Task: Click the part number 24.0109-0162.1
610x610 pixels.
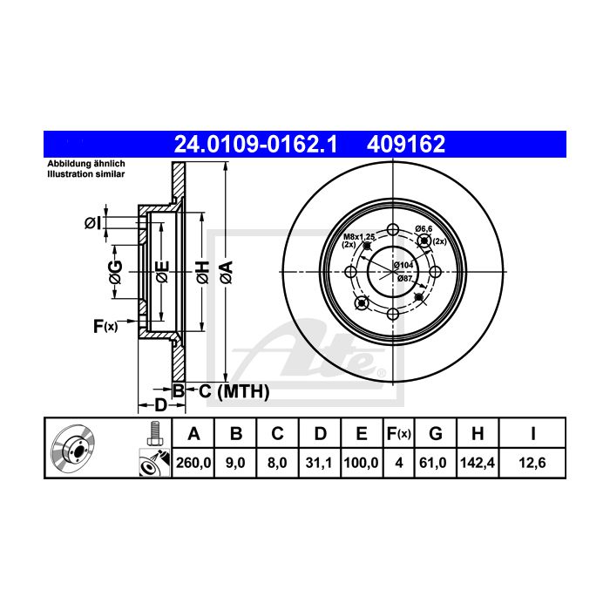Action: point(255,144)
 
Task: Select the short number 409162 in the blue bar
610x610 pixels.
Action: point(406,144)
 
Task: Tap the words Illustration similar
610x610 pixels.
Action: point(86,174)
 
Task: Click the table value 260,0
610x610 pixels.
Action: point(193,463)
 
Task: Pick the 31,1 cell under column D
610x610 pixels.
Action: point(319,463)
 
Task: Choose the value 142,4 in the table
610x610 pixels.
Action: point(478,463)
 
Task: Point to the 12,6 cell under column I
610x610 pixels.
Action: point(532,463)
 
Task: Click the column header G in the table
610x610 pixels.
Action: point(436,433)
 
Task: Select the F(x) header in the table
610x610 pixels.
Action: point(399,433)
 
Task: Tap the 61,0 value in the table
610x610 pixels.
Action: point(433,463)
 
